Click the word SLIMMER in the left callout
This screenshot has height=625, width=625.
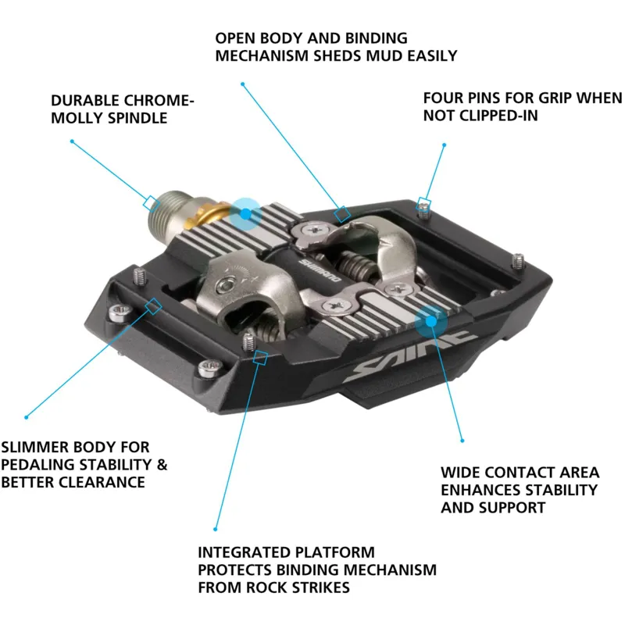click(x=34, y=447)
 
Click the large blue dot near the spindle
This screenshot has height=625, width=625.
click(x=245, y=212)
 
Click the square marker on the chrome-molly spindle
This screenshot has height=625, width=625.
click(x=148, y=202)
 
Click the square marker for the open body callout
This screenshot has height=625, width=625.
click(x=341, y=213)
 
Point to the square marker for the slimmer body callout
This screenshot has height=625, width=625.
click(x=154, y=305)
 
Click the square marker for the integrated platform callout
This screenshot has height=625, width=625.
click(x=262, y=358)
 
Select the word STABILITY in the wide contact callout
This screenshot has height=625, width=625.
click(x=559, y=490)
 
